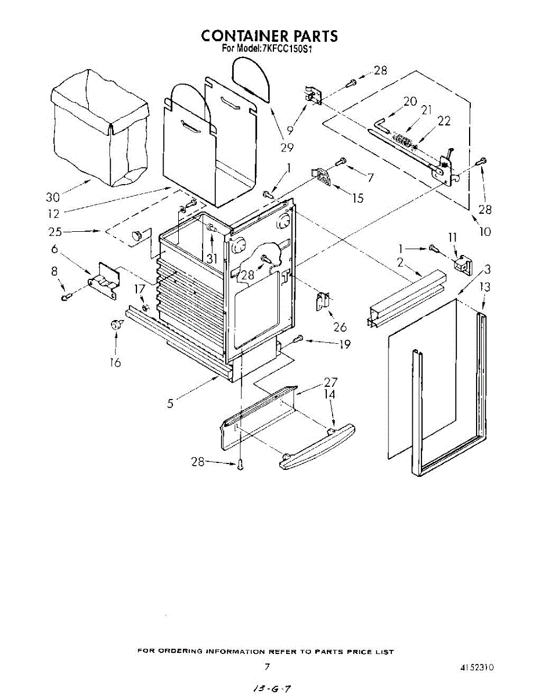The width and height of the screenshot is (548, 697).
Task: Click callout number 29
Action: (x=287, y=147)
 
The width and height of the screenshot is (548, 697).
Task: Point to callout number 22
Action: (x=444, y=121)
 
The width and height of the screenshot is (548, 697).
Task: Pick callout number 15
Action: (x=358, y=198)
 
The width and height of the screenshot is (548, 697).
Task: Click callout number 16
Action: (x=116, y=362)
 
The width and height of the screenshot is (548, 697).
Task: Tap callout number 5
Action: (x=170, y=403)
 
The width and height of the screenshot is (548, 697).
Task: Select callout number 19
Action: (x=345, y=344)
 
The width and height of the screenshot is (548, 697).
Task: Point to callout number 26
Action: (x=340, y=327)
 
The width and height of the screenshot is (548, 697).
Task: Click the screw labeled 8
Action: (x=66, y=298)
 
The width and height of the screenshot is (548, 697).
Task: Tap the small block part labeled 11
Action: (x=462, y=264)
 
